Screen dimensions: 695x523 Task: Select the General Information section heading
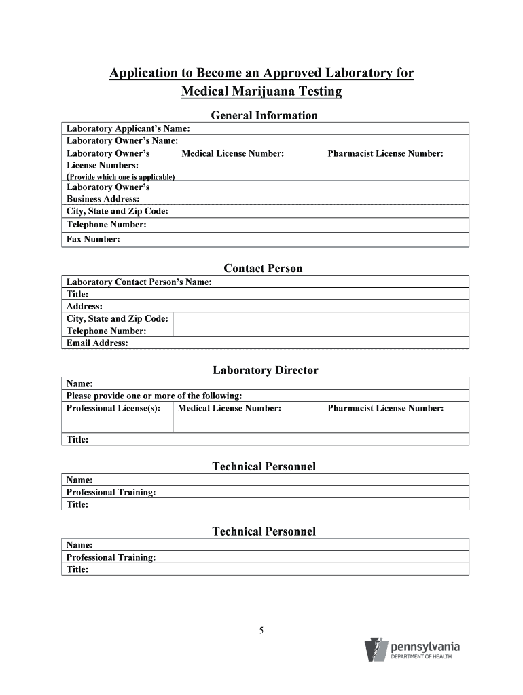click(x=264, y=115)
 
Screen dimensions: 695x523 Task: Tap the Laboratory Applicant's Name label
click(x=128, y=128)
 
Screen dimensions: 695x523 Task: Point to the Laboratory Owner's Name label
click(x=122, y=140)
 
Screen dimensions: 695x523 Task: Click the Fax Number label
click(x=93, y=239)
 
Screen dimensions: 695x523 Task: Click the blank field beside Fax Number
click(x=323, y=240)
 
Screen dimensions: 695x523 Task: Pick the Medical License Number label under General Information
click(x=233, y=154)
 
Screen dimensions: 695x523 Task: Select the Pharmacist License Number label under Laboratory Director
click(x=386, y=408)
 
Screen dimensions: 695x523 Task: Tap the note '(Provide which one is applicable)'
click(x=120, y=177)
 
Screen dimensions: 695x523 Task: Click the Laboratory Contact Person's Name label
click(x=139, y=282)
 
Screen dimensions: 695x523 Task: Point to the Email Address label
click(x=97, y=343)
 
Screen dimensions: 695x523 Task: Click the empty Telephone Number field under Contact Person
click(x=321, y=331)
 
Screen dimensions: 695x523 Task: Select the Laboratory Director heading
click(x=265, y=370)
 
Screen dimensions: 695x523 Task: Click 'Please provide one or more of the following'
click(x=154, y=396)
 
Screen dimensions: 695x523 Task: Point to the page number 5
click(x=261, y=631)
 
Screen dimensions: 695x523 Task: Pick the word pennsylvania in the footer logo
click(x=425, y=647)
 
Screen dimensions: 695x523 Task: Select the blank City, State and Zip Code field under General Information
click(x=323, y=211)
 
